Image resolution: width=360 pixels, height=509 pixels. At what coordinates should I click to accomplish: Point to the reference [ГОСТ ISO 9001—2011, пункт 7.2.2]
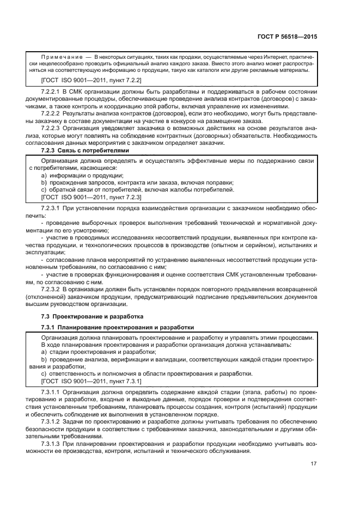tap(87, 80)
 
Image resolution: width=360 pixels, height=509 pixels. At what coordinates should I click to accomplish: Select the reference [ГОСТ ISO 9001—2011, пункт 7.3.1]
tap(87, 381)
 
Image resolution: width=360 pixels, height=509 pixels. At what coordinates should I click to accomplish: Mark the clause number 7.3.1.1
tap(53, 393)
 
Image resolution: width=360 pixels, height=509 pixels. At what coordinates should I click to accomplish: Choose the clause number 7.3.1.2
tap(53, 422)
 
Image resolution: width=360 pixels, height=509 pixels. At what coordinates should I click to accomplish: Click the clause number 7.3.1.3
tap(53, 444)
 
